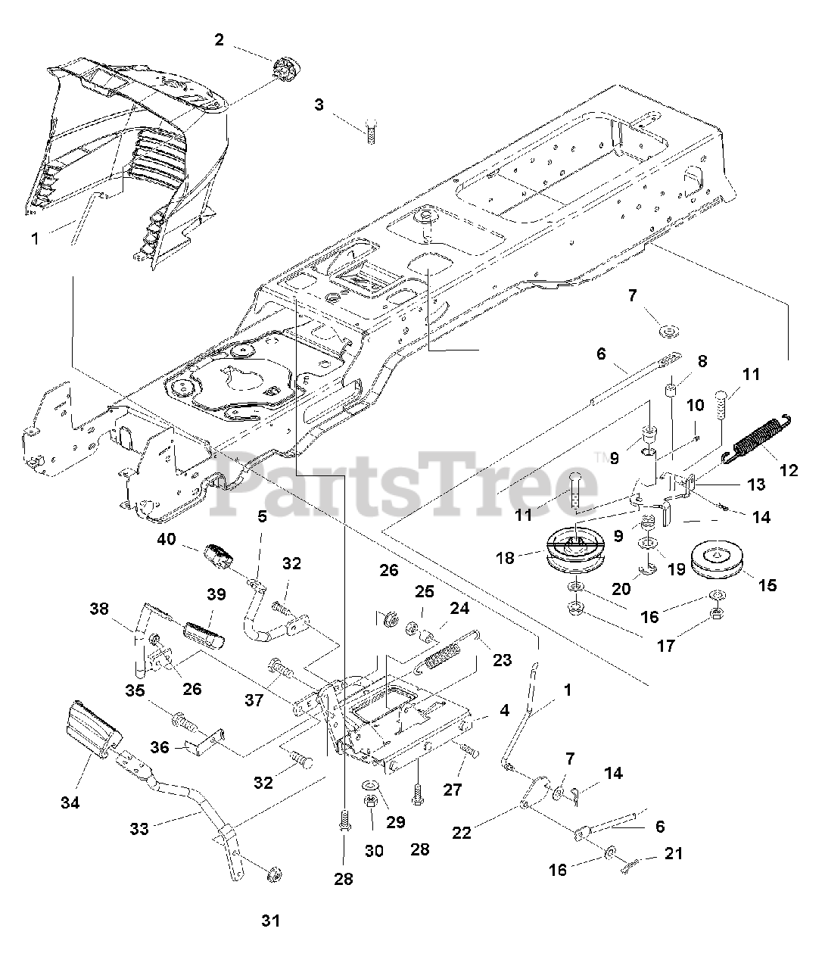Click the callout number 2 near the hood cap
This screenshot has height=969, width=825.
tap(219, 40)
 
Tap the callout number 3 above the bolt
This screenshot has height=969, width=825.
tap(319, 105)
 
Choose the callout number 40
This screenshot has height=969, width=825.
tap(167, 540)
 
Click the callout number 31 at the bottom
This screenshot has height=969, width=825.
tap(270, 921)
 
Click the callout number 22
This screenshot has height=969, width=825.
tap(462, 833)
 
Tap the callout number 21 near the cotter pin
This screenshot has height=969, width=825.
tap(674, 853)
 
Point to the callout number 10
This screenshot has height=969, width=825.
tap(695, 407)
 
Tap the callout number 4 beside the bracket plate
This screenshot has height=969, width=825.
tap(504, 711)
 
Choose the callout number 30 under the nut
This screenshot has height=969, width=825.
tap(373, 850)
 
